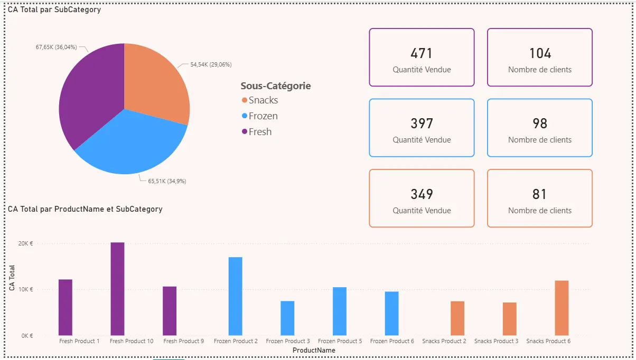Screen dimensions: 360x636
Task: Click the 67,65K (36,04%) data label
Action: click(56, 47)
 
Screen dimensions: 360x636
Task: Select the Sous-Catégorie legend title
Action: click(275, 86)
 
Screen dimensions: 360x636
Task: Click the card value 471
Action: click(422, 53)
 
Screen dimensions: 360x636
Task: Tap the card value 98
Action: click(539, 124)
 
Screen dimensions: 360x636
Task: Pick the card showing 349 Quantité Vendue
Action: click(422, 198)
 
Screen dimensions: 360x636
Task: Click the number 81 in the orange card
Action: click(539, 194)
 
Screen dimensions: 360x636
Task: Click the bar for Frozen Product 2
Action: click(236, 296)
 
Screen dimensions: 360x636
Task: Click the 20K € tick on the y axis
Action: click(25, 243)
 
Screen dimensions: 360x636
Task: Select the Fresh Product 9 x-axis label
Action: click(183, 341)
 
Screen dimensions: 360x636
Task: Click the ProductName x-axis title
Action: click(314, 350)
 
